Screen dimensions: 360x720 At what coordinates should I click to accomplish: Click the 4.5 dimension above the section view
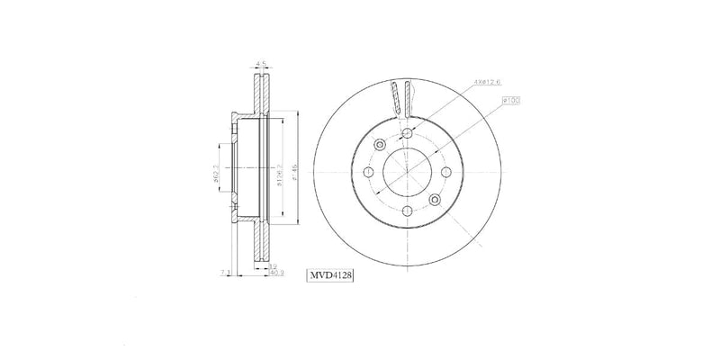262,64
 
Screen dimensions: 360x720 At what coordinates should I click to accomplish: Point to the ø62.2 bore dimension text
216,170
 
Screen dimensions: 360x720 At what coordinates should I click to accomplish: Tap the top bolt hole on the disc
407,133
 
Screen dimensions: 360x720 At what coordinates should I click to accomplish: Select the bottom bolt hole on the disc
407,211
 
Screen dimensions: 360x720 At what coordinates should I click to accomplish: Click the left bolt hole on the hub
368,172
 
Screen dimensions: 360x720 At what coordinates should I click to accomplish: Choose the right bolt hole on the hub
445,172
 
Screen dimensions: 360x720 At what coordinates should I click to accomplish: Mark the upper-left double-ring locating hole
380,145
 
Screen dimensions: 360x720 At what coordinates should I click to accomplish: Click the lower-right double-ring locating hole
435,199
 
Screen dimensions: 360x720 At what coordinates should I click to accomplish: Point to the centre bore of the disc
407,172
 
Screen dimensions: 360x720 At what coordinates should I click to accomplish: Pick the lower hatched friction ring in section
262,243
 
